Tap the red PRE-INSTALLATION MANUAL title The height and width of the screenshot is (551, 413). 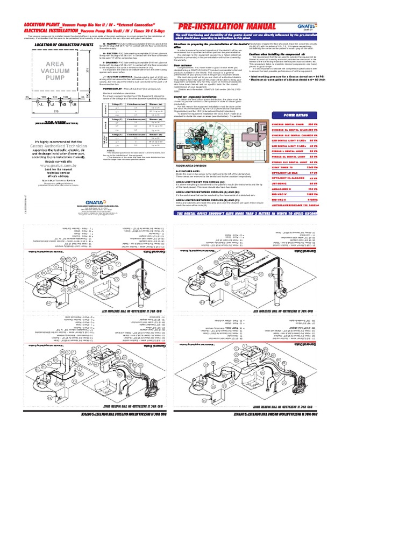226,27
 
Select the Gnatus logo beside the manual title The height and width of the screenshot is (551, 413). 303,26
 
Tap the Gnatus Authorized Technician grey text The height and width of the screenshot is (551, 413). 54,146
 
